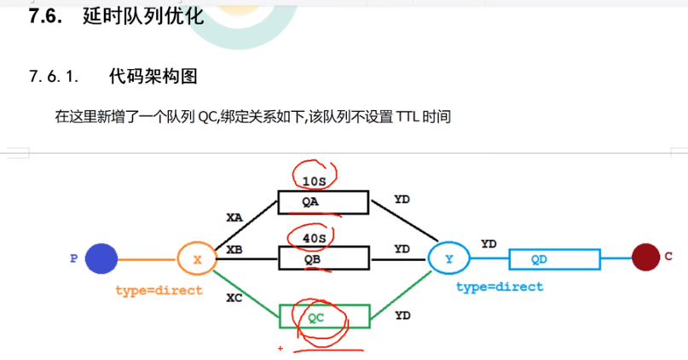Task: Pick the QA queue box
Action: (x=323, y=203)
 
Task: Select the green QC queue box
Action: (x=324, y=316)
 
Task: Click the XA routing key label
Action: (x=234, y=218)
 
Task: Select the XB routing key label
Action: (x=234, y=249)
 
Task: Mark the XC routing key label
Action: (x=234, y=298)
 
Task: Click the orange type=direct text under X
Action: (x=159, y=291)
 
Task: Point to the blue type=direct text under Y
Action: (x=500, y=287)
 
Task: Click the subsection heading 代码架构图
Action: (x=153, y=77)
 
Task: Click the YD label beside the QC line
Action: (x=402, y=316)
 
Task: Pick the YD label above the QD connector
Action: (x=489, y=244)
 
